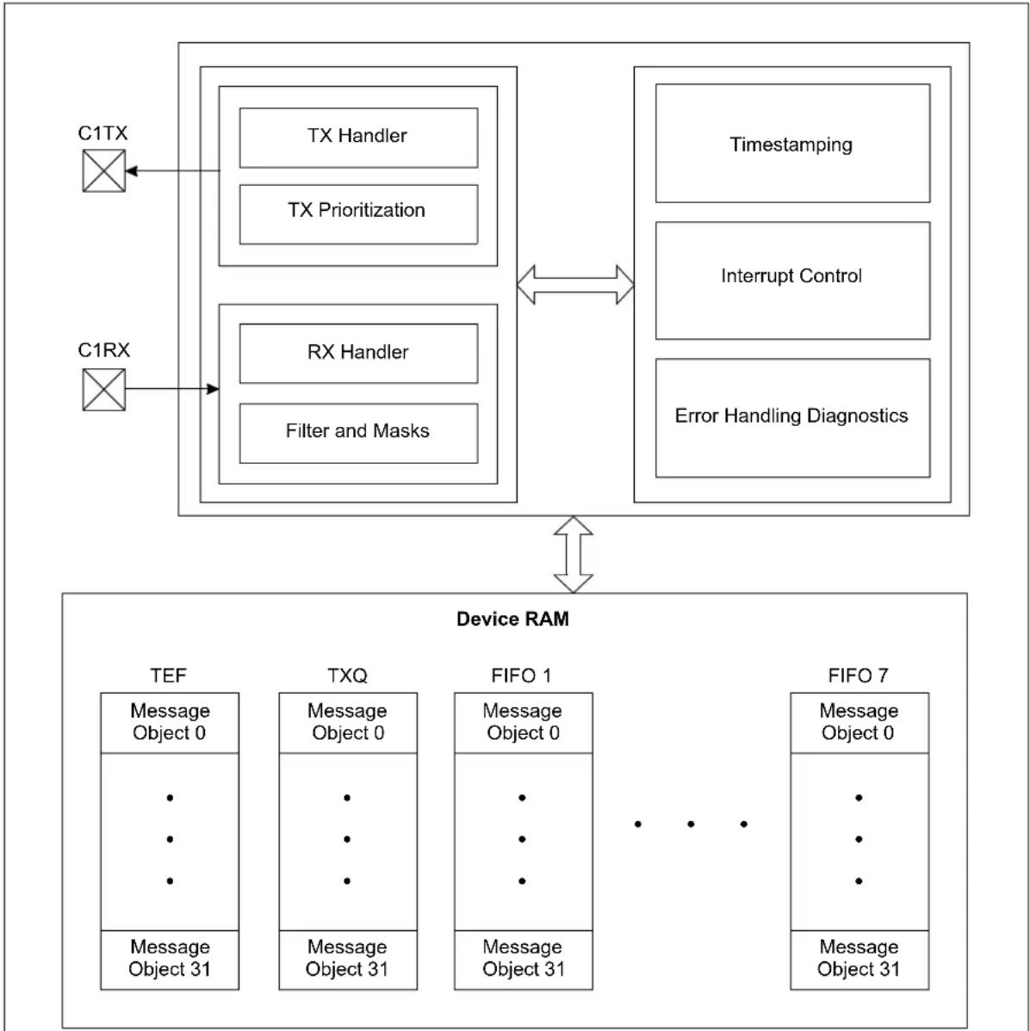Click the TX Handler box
coord(358,138)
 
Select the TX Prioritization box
coord(358,214)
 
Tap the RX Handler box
coord(358,353)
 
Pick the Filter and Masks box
coord(358,433)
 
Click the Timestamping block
coord(792,144)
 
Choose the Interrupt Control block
coord(792,281)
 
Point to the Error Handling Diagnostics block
coord(792,417)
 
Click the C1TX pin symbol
coord(104,171)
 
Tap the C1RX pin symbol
coord(104,389)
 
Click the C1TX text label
coord(102,133)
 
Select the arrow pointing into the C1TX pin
coord(172,171)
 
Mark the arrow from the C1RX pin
coord(171,389)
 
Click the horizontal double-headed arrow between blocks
coord(575,285)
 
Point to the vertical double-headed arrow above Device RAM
coord(574,554)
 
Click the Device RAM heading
coord(512,619)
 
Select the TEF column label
coord(169,676)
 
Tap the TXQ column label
coord(348,676)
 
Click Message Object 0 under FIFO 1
coord(523,722)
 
